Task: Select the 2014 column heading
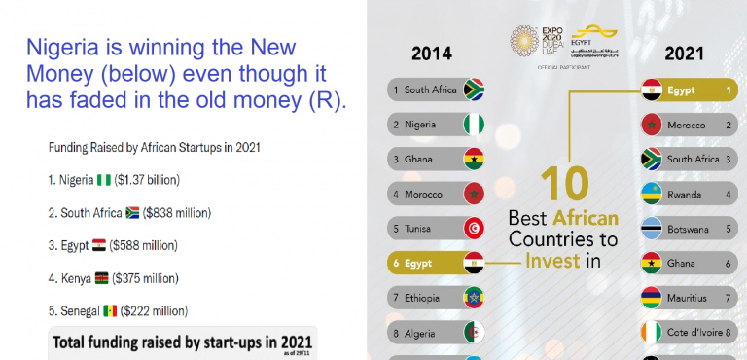(431, 53)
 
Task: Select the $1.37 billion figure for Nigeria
(147, 180)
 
